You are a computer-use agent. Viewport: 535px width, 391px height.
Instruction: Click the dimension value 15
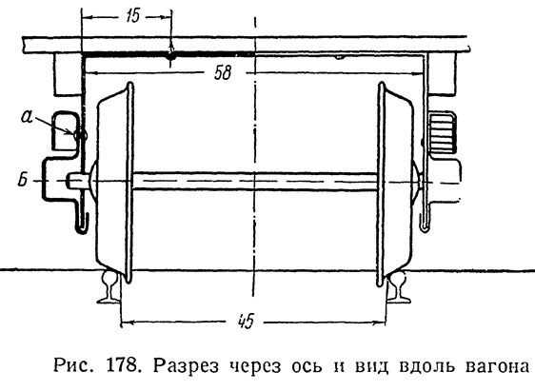[x=132, y=16]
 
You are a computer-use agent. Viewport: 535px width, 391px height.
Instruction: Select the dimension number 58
[x=223, y=73]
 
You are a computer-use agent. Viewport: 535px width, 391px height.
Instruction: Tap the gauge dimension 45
[x=246, y=321]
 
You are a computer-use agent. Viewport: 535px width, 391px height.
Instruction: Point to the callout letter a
[x=27, y=116]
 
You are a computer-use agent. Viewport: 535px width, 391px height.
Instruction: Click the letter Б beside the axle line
[x=23, y=180]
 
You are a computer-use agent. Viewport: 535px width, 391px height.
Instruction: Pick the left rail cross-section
[x=109, y=287]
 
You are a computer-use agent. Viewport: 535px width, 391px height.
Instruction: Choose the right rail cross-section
[x=399, y=287]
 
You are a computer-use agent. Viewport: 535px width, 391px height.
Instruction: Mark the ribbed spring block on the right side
[x=443, y=133]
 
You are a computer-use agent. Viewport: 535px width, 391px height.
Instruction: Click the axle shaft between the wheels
[x=255, y=181]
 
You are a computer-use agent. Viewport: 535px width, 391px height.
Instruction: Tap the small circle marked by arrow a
[x=81, y=136]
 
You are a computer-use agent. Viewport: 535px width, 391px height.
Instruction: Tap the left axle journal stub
[x=77, y=180]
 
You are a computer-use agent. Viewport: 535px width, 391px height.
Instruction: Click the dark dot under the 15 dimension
[x=171, y=56]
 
